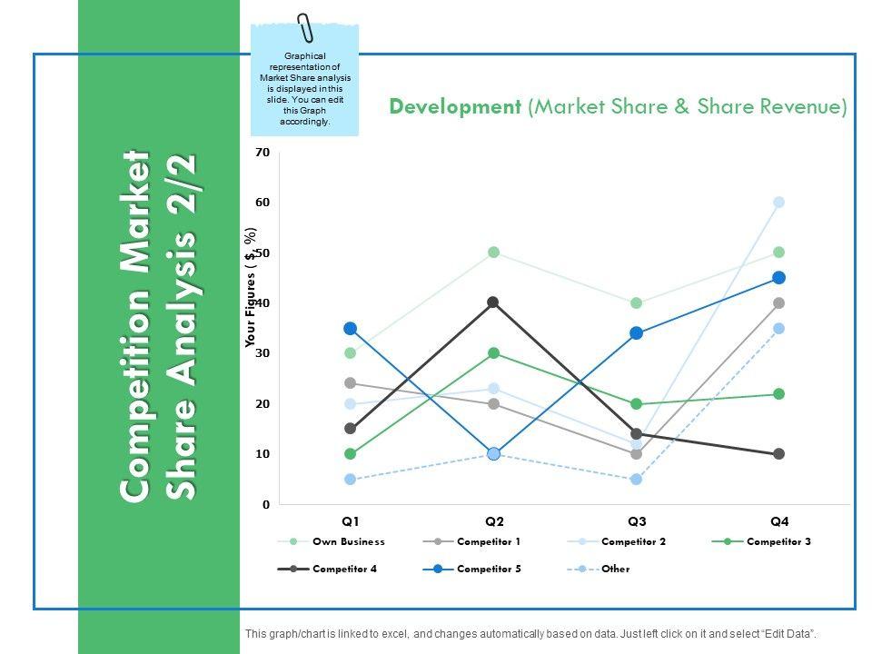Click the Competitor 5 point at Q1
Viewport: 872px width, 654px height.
pyautogui.click(x=350, y=328)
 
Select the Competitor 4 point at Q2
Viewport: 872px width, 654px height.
pyautogui.click(x=493, y=302)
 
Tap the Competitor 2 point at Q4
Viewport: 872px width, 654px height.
pyautogui.click(x=779, y=203)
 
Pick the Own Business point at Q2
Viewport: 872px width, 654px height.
pyautogui.click(x=493, y=253)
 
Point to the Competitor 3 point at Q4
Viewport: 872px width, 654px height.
pyautogui.click(x=779, y=393)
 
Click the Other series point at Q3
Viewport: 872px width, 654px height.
pyautogui.click(x=637, y=479)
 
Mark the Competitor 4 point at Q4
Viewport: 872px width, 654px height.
pyautogui.click(x=779, y=453)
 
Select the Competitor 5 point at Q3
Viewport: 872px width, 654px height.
pyautogui.click(x=637, y=333)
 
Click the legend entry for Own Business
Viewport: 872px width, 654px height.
pyautogui.click(x=348, y=541)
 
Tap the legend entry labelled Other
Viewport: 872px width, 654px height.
pyautogui.click(x=615, y=570)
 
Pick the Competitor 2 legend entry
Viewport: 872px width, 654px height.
pyautogui.click(x=633, y=541)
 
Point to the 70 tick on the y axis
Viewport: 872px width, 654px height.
pyautogui.click(x=263, y=153)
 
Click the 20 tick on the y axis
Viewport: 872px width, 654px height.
pyautogui.click(x=263, y=403)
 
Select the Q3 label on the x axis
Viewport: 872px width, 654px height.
pyautogui.click(x=637, y=521)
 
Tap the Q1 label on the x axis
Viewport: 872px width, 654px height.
pyautogui.click(x=351, y=521)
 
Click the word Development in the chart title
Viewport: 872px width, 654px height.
pyautogui.click(x=454, y=107)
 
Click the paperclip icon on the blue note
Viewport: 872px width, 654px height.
pyautogui.click(x=304, y=27)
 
